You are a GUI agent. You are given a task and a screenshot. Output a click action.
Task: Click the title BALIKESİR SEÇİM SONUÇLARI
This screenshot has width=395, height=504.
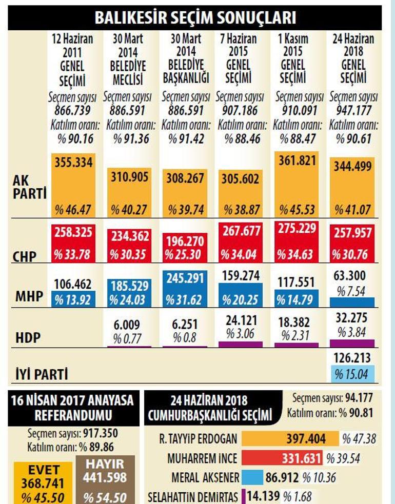pyautogui.click(x=195, y=17)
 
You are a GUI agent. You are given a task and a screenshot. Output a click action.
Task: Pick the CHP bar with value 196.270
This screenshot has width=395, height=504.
pyautogui.click(x=185, y=248)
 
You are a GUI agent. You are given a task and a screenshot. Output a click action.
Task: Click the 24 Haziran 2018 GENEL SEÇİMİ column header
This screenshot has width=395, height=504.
pyautogui.click(x=352, y=59)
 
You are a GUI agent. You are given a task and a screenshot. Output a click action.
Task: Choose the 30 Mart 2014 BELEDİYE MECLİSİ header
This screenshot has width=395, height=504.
pyautogui.click(x=128, y=59)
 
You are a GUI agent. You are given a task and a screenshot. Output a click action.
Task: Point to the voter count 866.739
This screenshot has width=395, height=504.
pyautogui.click(x=71, y=110)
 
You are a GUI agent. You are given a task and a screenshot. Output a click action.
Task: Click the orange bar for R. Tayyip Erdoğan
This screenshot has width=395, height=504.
pyautogui.click(x=290, y=439)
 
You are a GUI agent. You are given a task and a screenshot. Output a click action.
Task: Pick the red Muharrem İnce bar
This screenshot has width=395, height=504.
pyautogui.click(x=282, y=458)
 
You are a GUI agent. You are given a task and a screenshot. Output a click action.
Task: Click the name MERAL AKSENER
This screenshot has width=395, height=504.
pyautogui.click(x=205, y=477)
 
